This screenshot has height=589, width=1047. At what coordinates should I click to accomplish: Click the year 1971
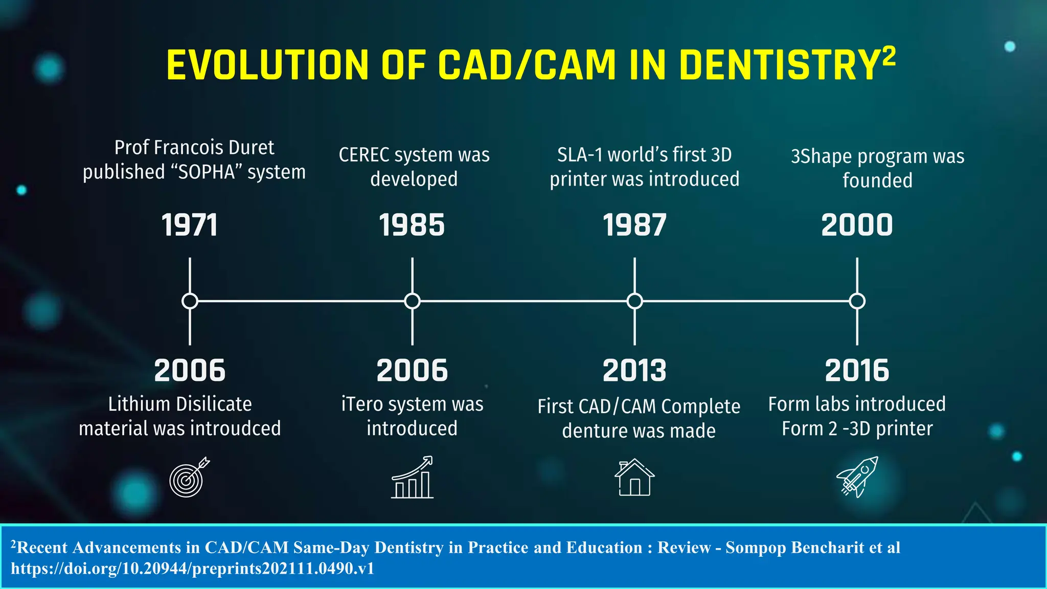click(190, 225)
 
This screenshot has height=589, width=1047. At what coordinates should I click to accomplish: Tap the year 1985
click(412, 225)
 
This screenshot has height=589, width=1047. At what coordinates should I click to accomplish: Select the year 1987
click(634, 225)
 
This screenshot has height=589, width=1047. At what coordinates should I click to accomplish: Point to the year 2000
click(857, 225)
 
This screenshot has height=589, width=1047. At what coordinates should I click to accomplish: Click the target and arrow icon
click(189, 477)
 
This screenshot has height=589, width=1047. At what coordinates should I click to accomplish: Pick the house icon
click(634, 478)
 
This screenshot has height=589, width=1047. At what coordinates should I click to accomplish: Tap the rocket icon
click(857, 477)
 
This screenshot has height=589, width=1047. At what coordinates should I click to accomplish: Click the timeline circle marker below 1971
click(190, 301)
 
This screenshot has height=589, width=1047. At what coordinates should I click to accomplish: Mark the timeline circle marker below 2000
click(857, 301)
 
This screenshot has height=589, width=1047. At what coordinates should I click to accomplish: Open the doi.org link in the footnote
click(192, 569)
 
